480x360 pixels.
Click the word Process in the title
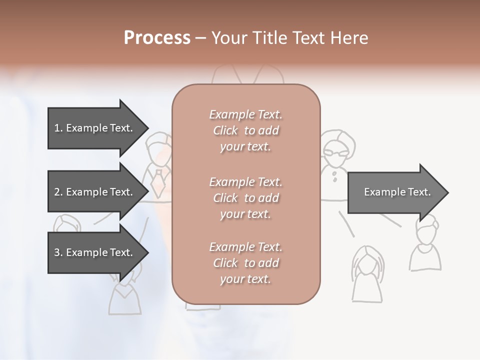click(x=157, y=38)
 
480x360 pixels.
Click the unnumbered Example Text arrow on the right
click(x=397, y=192)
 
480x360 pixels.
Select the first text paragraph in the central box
click(x=245, y=130)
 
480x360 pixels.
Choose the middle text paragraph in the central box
click(x=245, y=198)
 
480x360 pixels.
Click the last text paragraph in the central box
click(x=245, y=263)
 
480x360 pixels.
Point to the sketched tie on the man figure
click(x=158, y=180)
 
